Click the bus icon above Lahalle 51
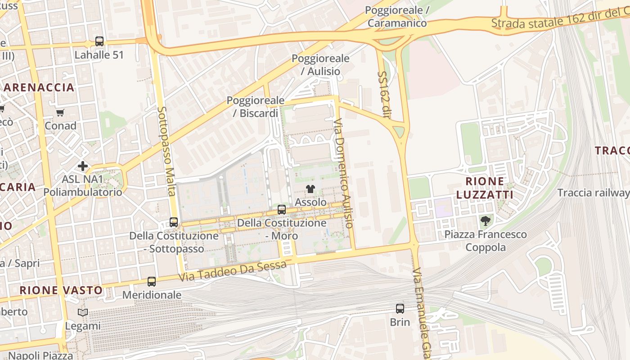tap(99, 41)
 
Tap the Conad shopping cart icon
tap(60, 113)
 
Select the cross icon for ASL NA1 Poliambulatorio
tap(83, 166)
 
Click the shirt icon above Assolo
tap(310, 189)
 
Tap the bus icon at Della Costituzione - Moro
tap(282, 209)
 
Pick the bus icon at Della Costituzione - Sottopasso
tap(174, 222)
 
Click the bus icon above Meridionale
tap(152, 282)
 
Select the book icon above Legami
tap(83, 312)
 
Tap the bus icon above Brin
tap(400, 309)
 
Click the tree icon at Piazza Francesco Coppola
tap(485, 221)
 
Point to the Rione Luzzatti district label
tap(485, 188)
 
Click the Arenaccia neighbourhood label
tap(39, 87)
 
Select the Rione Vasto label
tap(61, 290)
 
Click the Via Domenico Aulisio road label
tap(343, 173)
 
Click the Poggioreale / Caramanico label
tap(397, 16)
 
